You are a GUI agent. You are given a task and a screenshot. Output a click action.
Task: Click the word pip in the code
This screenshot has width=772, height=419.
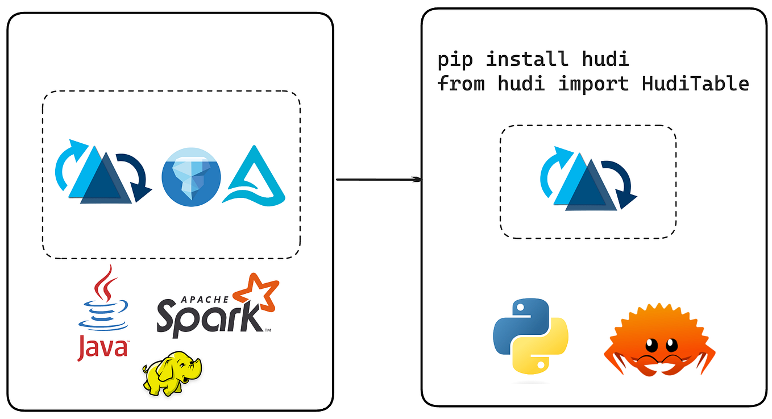[x=455, y=60]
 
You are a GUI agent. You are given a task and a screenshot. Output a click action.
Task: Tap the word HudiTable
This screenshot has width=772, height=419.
[x=695, y=84]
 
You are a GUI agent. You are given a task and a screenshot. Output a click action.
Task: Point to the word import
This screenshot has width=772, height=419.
[x=593, y=84]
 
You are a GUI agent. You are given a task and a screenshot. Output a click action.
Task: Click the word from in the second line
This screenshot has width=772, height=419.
[x=461, y=84]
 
